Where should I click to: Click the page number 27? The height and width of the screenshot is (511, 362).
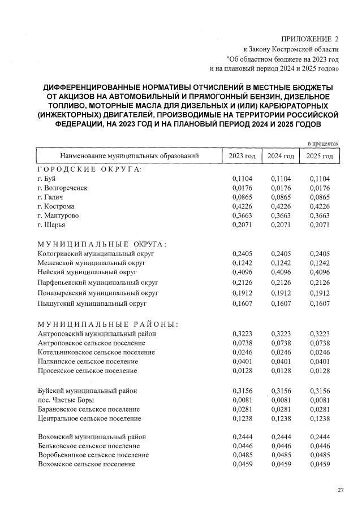tap(341, 490)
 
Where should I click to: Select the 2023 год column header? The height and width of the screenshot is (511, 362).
tap(242, 156)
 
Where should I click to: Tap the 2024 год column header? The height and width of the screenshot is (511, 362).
tap(281, 156)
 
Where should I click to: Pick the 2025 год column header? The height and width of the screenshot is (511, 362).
tap(320, 156)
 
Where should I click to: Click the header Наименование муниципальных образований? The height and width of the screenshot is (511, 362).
tap(127, 156)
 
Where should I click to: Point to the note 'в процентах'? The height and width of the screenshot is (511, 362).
tap(323, 144)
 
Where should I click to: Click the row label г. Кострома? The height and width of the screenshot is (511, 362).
tap(54, 206)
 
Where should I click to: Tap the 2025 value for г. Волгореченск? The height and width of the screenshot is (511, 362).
tap(320, 188)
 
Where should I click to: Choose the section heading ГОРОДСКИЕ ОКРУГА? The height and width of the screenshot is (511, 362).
tap(89, 170)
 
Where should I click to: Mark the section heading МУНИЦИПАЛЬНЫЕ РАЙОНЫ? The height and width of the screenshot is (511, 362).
tap(107, 324)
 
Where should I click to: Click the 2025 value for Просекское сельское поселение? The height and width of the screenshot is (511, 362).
tap(320, 370)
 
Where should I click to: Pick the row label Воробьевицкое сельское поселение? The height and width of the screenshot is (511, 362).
tap(93, 454)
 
